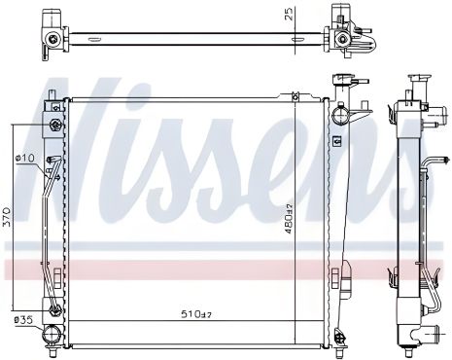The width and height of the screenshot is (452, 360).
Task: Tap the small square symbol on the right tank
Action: click(336, 142)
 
